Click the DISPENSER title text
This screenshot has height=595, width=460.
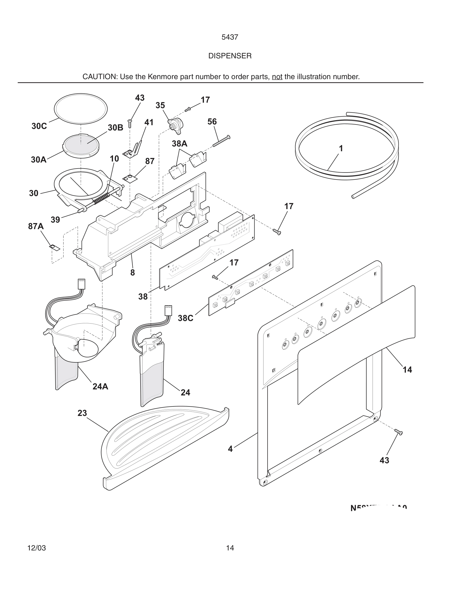tap(230, 56)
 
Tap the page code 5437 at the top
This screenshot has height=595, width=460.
tap(230, 37)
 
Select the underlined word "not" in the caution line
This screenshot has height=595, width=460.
tap(277, 77)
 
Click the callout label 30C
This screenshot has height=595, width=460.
tap(39, 126)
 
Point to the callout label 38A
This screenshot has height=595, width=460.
tap(180, 143)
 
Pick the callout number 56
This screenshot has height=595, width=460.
tap(212, 121)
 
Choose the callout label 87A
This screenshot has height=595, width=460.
tap(36, 226)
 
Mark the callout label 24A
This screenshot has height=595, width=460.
tap(100, 386)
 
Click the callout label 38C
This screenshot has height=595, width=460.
tap(186, 318)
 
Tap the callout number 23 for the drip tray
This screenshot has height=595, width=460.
tap(82, 413)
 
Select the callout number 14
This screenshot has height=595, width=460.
tap(407, 370)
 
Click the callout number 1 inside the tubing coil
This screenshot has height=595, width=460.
tap(341, 148)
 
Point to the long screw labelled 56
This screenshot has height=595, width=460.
tap(221, 141)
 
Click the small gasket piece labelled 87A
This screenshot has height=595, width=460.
tap(55, 247)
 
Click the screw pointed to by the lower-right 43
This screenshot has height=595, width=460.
tap(398, 432)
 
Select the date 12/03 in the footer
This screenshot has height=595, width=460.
tap(37, 548)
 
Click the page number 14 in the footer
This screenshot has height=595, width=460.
tap(230, 548)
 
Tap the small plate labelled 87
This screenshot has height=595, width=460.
tap(130, 178)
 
